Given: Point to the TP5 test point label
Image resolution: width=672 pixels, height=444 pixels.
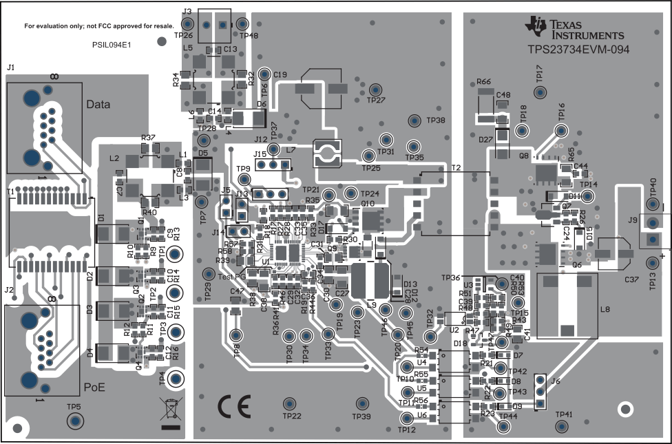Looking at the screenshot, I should pos(74,407).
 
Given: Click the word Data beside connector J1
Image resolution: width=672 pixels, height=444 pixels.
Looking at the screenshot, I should pos(98,104).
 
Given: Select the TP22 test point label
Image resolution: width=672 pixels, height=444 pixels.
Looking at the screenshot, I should pos(292,416).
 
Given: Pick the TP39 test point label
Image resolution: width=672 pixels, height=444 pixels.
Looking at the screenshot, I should pos(361,416).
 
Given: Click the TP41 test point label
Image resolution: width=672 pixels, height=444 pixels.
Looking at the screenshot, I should pos(563,414).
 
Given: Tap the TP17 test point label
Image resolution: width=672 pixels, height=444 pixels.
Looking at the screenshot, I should pos(540,72).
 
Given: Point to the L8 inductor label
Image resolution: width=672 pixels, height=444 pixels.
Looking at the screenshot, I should pos(605,310).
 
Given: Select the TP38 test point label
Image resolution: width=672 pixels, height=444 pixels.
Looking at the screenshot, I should pos(436,120).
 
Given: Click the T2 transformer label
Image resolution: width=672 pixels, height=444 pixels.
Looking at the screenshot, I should pos(456,167).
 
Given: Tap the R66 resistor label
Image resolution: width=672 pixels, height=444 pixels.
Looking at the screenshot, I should pos(483,82).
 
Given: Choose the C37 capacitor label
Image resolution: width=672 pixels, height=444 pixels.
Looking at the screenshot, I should pos(631,279).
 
